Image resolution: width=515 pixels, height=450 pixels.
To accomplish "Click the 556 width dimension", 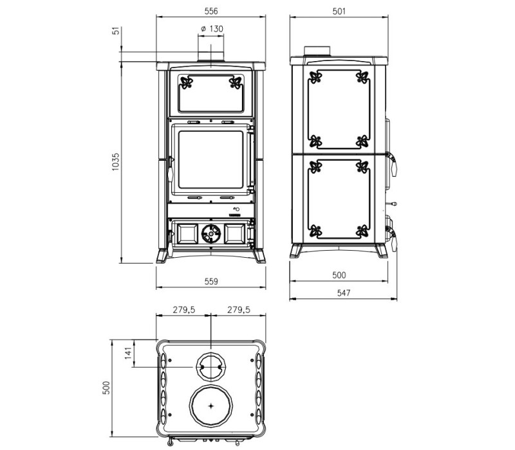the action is pyautogui.click(x=211, y=11).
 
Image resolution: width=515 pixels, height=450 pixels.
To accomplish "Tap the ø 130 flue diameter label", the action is pyautogui.click(x=212, y=29).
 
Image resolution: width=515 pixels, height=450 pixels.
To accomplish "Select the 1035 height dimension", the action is pyautogui.click(x=116, y=162).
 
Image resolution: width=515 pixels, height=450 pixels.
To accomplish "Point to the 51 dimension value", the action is pyautogui.click(x=117, y=31).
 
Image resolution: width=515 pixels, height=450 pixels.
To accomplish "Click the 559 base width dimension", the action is pyautogui.click(x=211, y=282).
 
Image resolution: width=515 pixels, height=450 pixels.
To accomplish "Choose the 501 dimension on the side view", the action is pyautogui.click(x=339, y=12).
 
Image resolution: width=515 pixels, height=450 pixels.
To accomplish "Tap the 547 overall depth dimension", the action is pyautogui.click(x=344, y=293).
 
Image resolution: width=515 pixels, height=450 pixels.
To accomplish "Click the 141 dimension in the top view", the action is pyautogui.click(x=128, y=353).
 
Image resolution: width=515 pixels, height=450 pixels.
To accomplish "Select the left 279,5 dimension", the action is pyautogui.click(x=184, y=310).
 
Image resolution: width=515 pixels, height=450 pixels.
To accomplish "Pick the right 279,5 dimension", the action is pyautogui.click(x=239, y=310).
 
